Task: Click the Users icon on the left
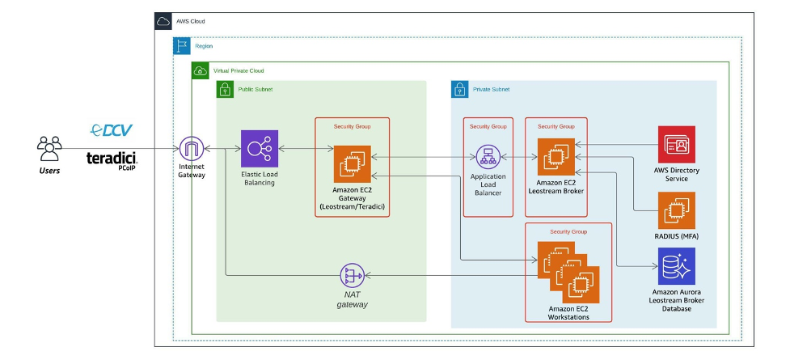coord(50,147)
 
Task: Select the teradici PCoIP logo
coord(112,159)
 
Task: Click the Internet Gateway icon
coord(192,149)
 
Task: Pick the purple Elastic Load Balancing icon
coord(259,149)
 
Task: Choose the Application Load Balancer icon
coord(488,156)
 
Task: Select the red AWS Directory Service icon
coord(676,145)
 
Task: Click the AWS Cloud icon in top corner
coord(164,22)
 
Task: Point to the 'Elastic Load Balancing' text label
coord(259,178)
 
